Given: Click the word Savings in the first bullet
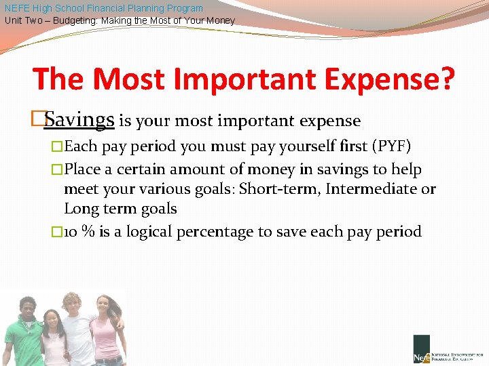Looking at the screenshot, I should (x=79, y=120).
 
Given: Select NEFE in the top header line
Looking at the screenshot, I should (x=17, y=8).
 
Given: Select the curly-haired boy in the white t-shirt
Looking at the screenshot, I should (x=76, y=325).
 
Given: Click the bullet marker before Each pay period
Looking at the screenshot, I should (x=57, y=147).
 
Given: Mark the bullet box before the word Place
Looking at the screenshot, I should (x=57, y=169).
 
